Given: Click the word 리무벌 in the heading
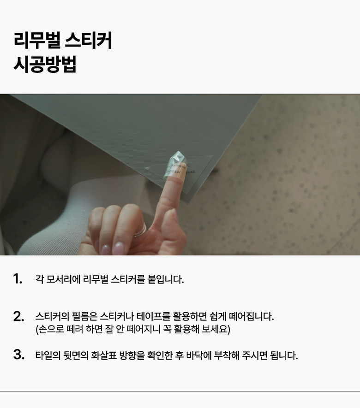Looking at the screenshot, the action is coord(37,40).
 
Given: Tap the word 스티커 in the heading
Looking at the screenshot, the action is coord(89,40).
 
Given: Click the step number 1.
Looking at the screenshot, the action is coord(18,278).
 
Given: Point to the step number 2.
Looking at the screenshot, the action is coord(19,316).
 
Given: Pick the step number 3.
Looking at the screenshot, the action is coord(19,355).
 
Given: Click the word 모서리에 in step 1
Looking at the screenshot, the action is coord(63,279).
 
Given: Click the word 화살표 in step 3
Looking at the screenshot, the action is coord(104,355).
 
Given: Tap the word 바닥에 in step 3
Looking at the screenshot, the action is coord(199,355).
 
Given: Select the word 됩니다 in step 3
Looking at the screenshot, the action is coord(284,355).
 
